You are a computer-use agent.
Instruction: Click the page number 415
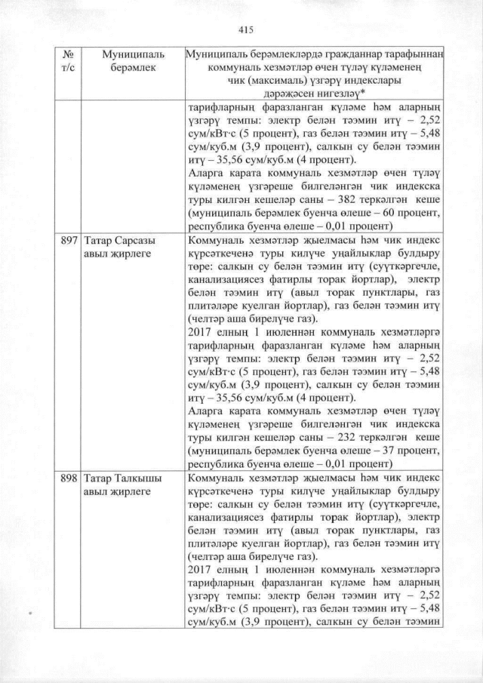244,29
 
